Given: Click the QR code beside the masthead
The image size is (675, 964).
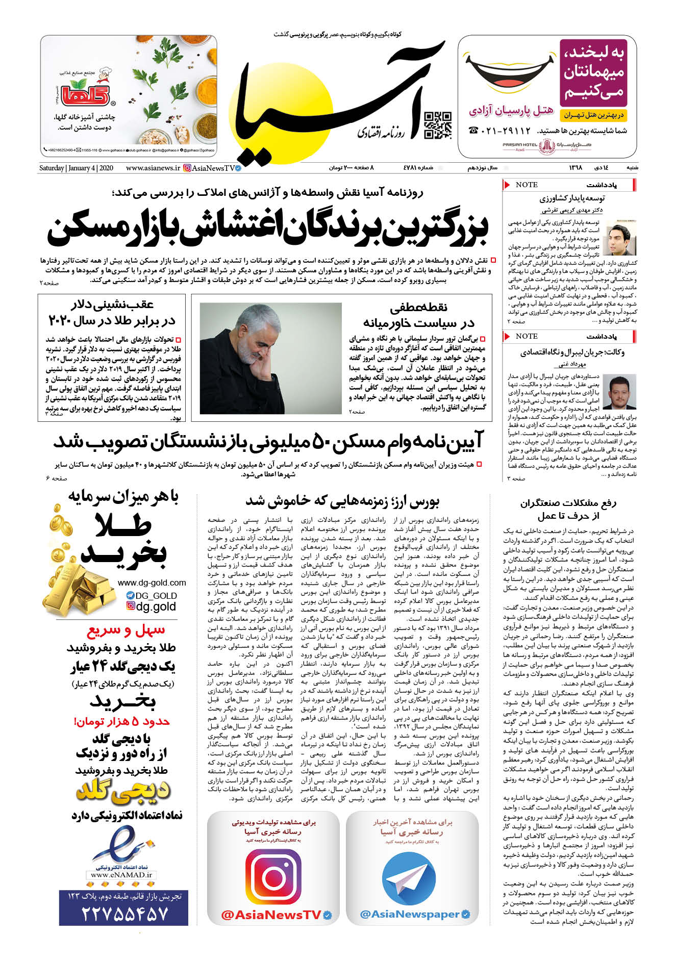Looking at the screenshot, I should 438,125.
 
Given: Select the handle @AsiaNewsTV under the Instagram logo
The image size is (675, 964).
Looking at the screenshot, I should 271,915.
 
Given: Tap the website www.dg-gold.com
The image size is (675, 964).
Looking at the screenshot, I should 152,582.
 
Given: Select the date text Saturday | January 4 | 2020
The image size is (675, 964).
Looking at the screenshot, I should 76,168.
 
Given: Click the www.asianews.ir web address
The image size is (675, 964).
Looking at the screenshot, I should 153,168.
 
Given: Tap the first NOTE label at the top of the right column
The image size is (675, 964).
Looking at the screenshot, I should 526,185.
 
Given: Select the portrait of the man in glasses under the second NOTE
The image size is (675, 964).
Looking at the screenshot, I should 619,392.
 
